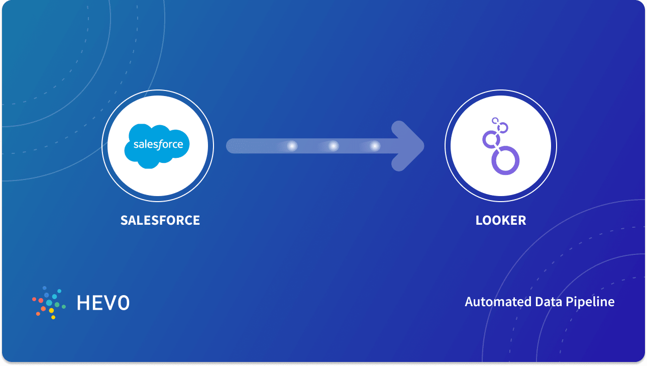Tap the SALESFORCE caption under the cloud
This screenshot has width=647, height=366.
(x=160, y=220)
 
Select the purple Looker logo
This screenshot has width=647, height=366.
(x=500, y=146)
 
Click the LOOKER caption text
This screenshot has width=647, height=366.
(x=500, y=220)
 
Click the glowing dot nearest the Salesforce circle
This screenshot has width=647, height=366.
(x=292, y=146)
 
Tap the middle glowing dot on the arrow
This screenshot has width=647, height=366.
(x=333, y=146)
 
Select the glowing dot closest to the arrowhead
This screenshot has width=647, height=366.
(x=375, y=146)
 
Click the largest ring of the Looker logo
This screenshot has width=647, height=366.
(x=505, y=160)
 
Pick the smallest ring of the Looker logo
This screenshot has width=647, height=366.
(x=495, y=121)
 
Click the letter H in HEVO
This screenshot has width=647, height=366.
(x=83, y=302)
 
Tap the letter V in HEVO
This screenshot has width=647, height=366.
(x=110, y=302)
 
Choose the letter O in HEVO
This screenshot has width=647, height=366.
(x=123, y=302)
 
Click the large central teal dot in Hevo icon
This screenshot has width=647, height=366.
(x=49, y=303)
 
